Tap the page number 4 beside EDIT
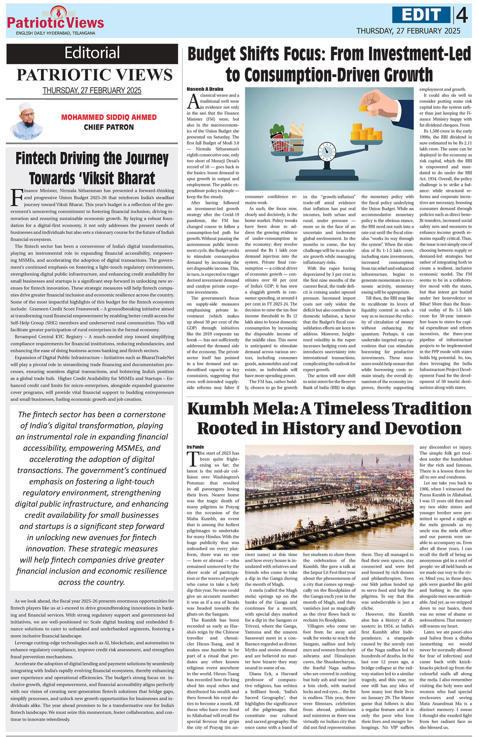tap(462, 15)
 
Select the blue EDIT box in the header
tap(422, 15)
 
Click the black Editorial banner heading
tap(92, 53)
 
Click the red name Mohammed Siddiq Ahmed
tap(109, 117)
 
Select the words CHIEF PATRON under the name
tap(109, 127)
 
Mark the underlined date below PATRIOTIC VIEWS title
tap(92, 91)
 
